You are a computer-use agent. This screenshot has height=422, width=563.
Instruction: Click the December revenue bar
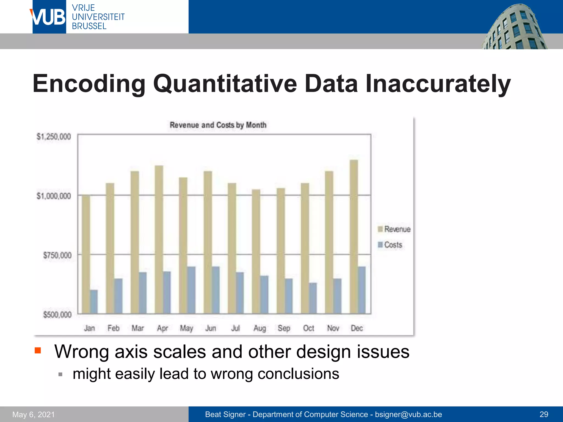(354, 236)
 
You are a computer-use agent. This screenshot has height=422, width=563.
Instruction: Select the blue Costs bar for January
(94, 301)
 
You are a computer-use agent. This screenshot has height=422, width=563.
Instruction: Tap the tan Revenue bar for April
(159, 239)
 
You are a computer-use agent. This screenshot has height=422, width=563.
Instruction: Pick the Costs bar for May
(191, 290)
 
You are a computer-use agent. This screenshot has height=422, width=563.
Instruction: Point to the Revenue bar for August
(256, 251)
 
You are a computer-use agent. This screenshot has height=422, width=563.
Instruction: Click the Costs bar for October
(313, 298)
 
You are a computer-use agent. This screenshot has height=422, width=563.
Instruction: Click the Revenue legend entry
(394, 229)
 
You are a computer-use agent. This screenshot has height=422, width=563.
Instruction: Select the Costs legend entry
(390, 245)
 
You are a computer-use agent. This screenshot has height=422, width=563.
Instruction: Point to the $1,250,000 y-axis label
(54, 137)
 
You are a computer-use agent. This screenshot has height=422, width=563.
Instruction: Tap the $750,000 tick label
(57, 255)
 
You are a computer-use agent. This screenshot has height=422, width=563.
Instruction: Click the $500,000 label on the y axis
(57, 315)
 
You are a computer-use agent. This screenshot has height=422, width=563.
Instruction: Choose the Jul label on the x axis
(235, 328)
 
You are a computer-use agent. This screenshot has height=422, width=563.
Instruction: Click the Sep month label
(284, 328)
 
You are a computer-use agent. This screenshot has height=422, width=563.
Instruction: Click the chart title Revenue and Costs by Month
(218, 125)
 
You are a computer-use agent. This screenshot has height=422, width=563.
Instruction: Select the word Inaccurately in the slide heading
(438, 84)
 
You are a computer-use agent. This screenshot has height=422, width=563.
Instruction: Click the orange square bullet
(38, 350)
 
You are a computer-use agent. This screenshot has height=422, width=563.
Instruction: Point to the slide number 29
(544, 414)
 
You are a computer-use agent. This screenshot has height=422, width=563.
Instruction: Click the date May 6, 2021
(34, 414)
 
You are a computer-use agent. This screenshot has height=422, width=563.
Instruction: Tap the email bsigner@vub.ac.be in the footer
(408, 414)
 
